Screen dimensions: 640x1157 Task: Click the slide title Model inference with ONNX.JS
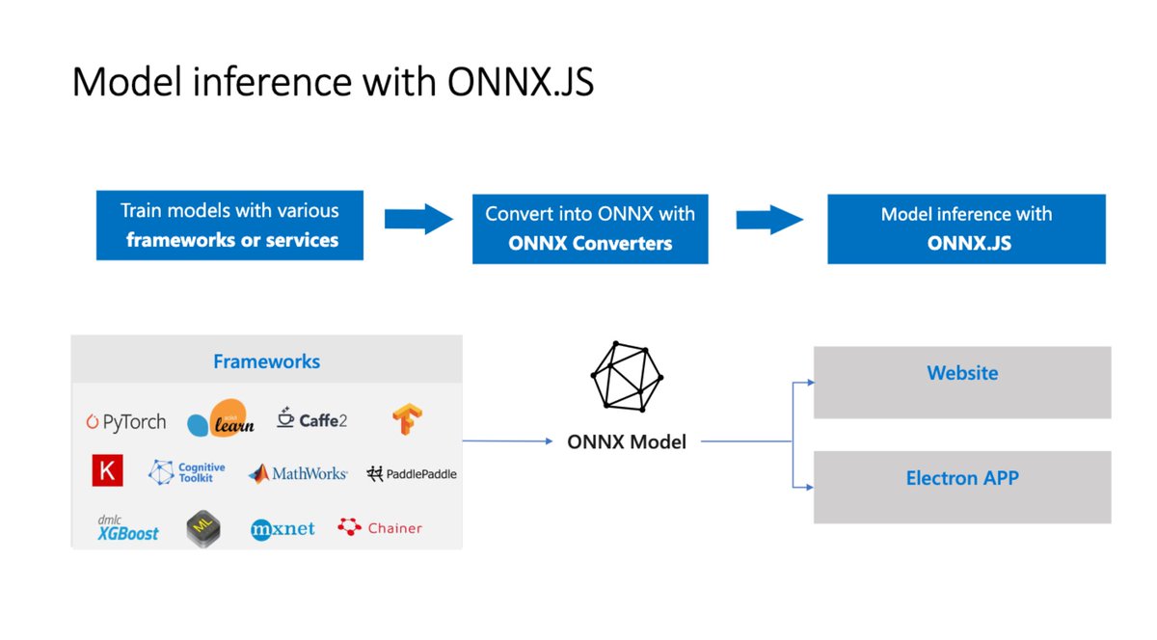coord(333,83)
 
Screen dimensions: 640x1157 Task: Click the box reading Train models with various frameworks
coord(229,225)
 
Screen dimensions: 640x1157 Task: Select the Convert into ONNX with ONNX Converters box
coord(589,228)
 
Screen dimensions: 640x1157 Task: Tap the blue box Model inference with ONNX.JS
coord(966,228)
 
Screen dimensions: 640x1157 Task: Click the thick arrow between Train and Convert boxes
coord(417,219)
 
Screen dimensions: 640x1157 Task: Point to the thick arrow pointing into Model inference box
coord(769,219)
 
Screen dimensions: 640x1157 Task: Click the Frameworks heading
coord(266,362)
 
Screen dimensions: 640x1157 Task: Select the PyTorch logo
coord(126,422)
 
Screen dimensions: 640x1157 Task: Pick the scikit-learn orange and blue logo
coord(222,418)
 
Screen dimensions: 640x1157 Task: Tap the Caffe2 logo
coord(311,419)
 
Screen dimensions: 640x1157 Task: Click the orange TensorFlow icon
coord(408,418)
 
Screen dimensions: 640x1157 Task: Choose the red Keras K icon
coord(106,471)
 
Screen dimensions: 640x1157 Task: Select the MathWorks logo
coord(297,473)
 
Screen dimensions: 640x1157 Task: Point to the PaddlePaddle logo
coord(412,473)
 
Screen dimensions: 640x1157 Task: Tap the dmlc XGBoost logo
coord(127,528)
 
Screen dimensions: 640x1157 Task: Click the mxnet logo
coord(283,528)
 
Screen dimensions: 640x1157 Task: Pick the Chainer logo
coord(380,527)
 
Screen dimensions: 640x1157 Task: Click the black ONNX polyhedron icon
coord(627,375)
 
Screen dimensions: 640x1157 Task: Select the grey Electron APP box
coord(961,487)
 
